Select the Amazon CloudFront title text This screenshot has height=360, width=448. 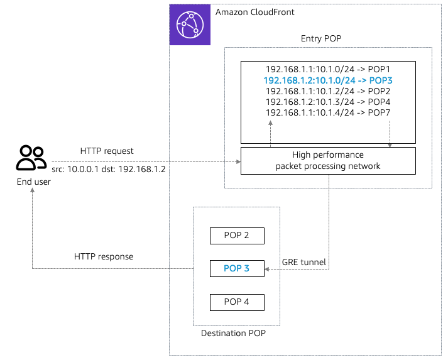254,12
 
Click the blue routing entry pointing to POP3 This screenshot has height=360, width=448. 329,80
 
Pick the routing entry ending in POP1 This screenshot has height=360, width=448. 329,69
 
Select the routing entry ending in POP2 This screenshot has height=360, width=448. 329,91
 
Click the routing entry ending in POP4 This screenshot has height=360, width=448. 329,102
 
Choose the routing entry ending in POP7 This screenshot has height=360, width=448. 329,112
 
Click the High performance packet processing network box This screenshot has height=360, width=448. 329,160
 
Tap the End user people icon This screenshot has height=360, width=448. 31,158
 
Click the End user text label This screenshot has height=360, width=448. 34,182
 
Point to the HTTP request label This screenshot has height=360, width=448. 107,151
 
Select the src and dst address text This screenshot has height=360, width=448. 109,170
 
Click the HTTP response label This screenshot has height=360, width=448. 104,256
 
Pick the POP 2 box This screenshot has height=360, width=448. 237,236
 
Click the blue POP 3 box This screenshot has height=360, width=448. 237,268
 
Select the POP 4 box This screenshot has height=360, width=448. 237,302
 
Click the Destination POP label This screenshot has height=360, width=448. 233,333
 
